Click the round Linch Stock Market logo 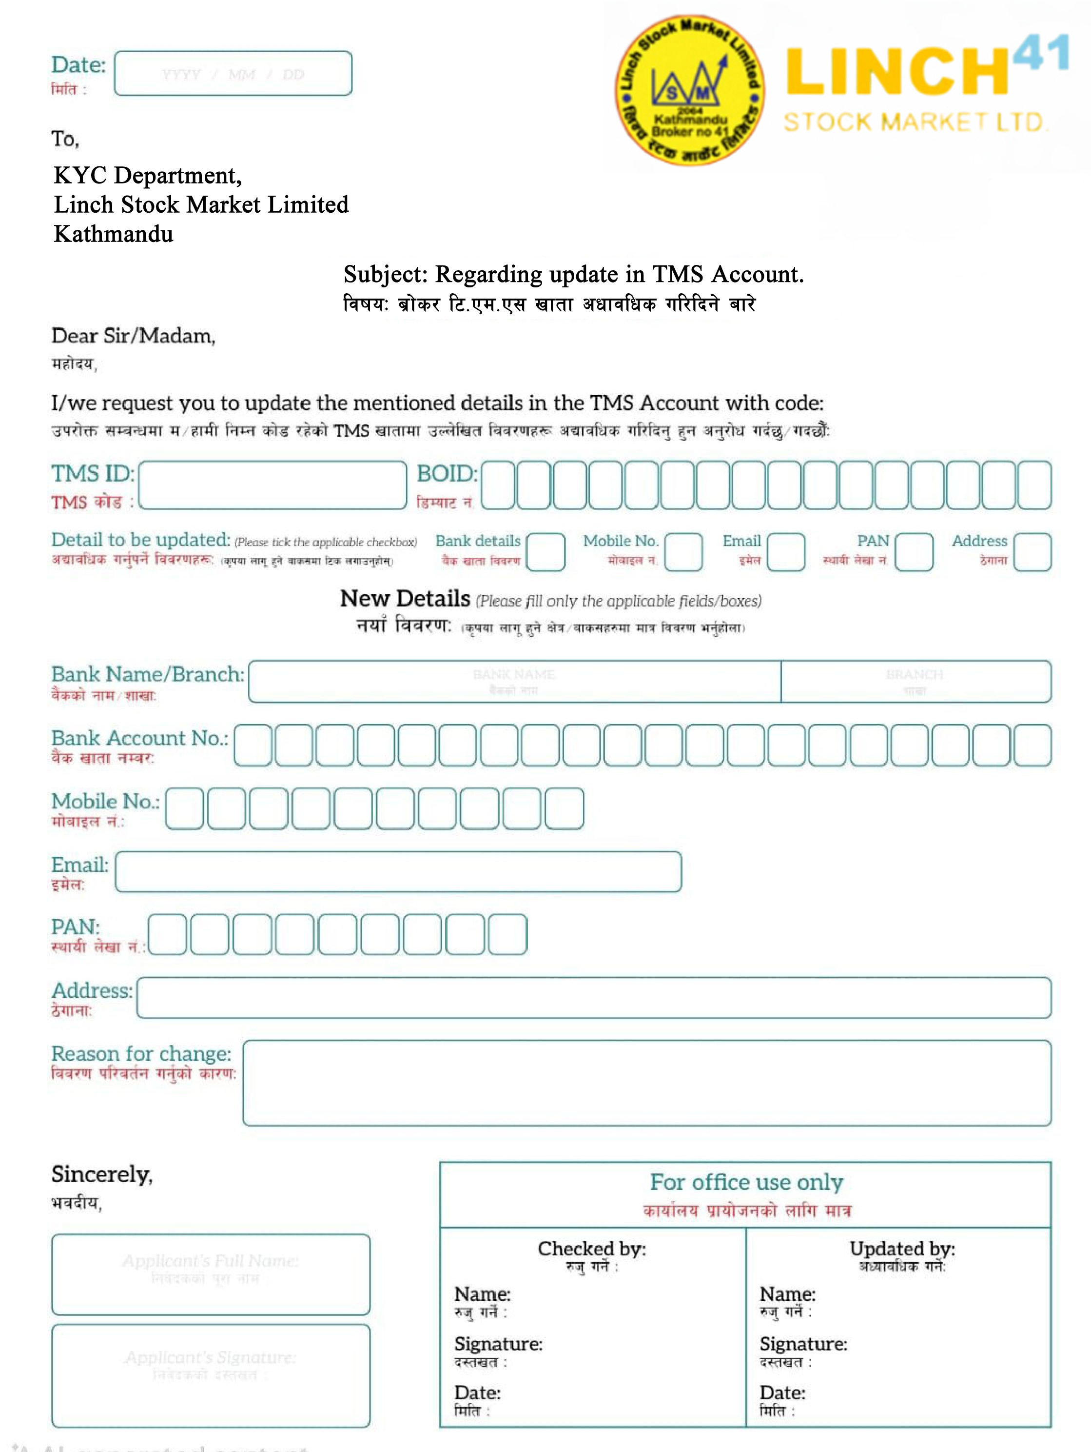(x=689, y=90)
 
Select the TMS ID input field (x=273, y=485)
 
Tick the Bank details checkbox (x=545, y=551)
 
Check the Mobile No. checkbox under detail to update (x=683, y=551)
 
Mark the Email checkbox (x=786, y=551)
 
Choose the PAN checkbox (x=914, y=551)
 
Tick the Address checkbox (x=1032, y=551)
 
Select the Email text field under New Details (x=398, y=872)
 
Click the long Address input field (x=594, y=998)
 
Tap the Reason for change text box (x=647, y=1083)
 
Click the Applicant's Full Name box (x=211, y=1274)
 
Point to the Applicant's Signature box (x=211, y=1375)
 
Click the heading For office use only (x=746, y=1182)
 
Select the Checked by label (x=592, y=1249)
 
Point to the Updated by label (x=902, y=1249)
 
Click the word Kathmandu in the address (x=114, y=234)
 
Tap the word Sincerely (x=102, y=1174)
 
